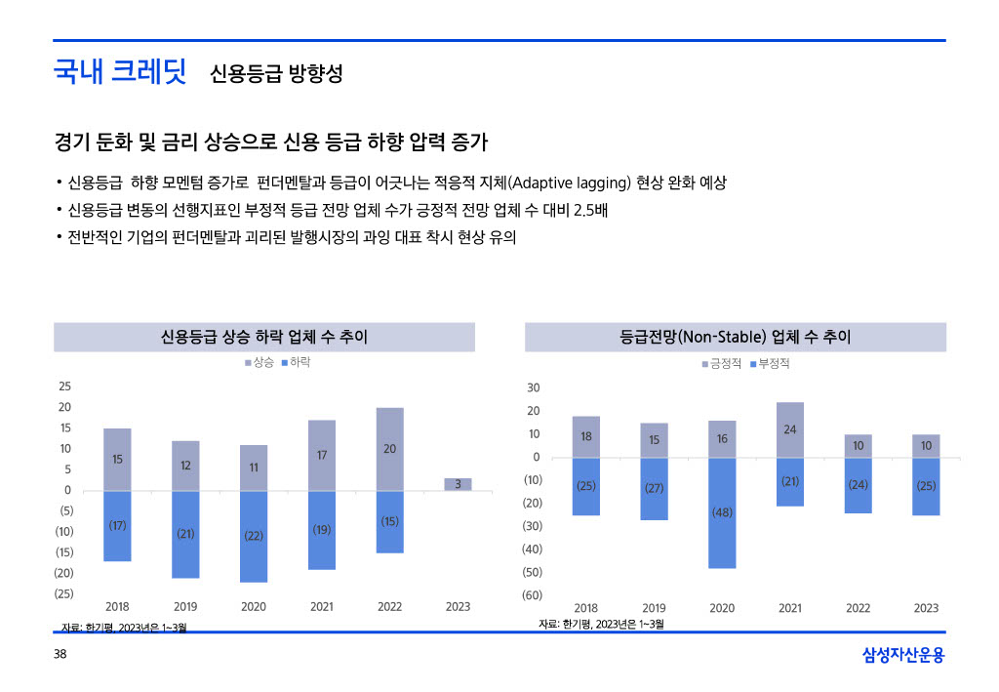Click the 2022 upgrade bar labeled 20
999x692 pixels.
click(389, 449)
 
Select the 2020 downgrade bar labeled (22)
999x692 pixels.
click(254, 536)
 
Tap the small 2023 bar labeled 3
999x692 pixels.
click(458, 484)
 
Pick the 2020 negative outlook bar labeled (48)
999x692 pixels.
click(722, 512)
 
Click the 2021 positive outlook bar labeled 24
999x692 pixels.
click(790, 429)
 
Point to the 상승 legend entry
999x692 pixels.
click(260, 362)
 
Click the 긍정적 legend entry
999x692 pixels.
click(722, 363)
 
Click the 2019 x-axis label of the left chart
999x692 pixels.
click(185, 607)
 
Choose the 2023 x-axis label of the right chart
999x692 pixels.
click(926, 608)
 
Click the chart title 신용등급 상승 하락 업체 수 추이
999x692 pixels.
click(264, 337)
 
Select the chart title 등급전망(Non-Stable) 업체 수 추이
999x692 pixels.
click(736, 337)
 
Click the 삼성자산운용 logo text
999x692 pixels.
click(903, 655)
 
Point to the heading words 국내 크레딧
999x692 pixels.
click(120, 73)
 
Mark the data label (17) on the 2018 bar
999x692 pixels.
click(117, 525)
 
